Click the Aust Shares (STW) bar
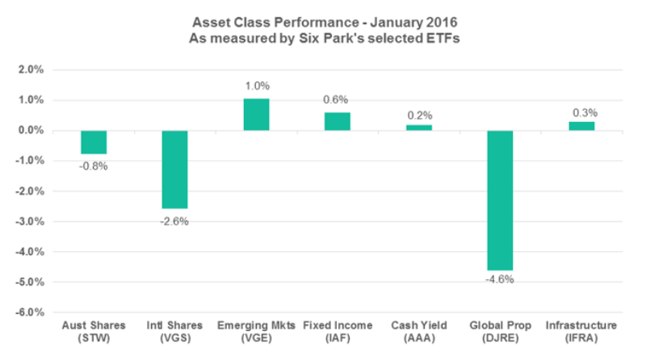coord(94,142)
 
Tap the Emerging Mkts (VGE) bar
coord(256,115)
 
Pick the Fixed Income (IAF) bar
coord(338,121)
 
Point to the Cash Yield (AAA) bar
coord(418,128)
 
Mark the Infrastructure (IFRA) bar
coord(581,126)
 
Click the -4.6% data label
coord(500,280)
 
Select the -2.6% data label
coord(174,220)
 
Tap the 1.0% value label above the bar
coord(256,86)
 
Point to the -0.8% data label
coord(94,165)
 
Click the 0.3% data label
coord(581,111)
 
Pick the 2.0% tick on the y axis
coord(31,70)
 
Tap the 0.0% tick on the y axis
coord(31,131)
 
